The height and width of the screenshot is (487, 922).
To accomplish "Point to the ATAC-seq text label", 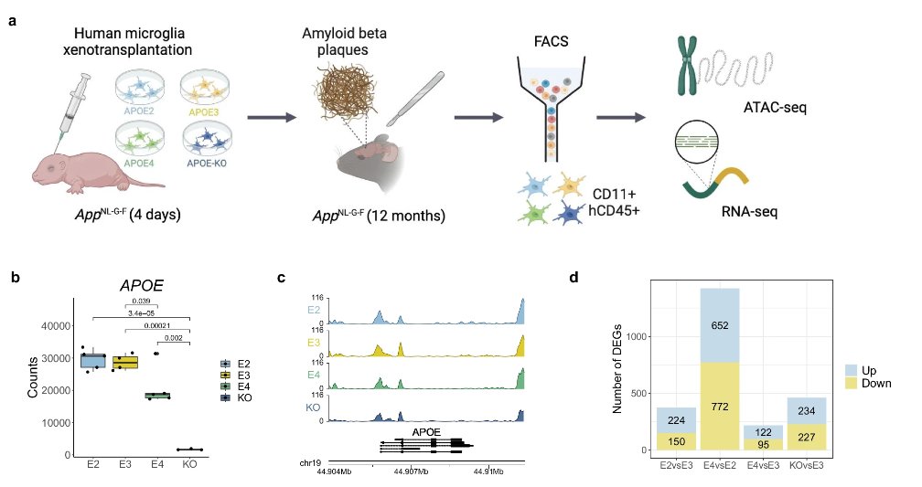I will [x=776, y=110].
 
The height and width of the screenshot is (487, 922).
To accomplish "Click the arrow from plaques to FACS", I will [x=477, y=117].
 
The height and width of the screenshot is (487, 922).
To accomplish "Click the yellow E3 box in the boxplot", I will [x=124, y=362].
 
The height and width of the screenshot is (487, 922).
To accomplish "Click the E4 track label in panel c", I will [x=312, y=374].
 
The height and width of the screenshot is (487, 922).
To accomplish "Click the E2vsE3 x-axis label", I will [x=675, y=465].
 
